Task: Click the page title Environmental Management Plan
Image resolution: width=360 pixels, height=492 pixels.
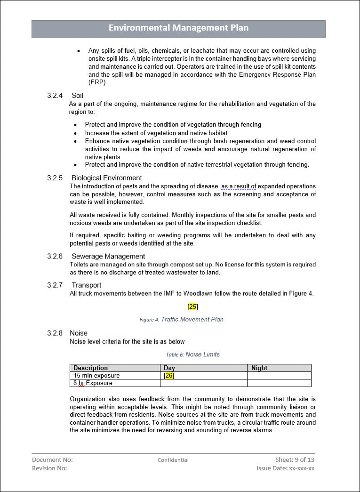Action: coord(178,28)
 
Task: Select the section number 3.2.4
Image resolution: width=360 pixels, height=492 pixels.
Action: coord(55,96)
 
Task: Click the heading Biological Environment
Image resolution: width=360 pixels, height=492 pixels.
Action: coord(106,178)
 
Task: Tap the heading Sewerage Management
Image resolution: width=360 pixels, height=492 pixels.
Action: coord(108,256)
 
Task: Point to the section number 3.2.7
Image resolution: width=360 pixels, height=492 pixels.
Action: coord(55,285)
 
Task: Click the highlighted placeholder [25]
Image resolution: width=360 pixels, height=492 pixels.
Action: coord(192,307)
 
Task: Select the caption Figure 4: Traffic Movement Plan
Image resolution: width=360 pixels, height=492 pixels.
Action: coord(181,319)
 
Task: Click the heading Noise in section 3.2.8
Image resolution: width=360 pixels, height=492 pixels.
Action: coord(78,333)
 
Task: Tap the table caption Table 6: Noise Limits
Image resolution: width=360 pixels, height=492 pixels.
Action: coord(192,355)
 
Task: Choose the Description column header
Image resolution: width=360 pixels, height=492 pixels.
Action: coord(90,368)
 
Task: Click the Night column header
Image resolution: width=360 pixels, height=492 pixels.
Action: coord(259,368)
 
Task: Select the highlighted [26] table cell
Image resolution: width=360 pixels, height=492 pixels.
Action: coord(169,375)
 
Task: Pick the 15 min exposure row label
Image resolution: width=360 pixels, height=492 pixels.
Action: coord(96,375)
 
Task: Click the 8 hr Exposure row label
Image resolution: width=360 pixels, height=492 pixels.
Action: coord(93,383)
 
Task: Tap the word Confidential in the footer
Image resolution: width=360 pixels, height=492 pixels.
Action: coord(173,460)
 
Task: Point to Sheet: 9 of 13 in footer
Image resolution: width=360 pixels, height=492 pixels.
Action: coord(295,460)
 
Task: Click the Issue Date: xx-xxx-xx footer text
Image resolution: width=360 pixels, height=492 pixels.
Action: coord(285,468)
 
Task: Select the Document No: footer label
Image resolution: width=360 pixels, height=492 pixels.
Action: coord(52,460)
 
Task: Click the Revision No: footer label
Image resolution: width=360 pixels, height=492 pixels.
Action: coord(49,468)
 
